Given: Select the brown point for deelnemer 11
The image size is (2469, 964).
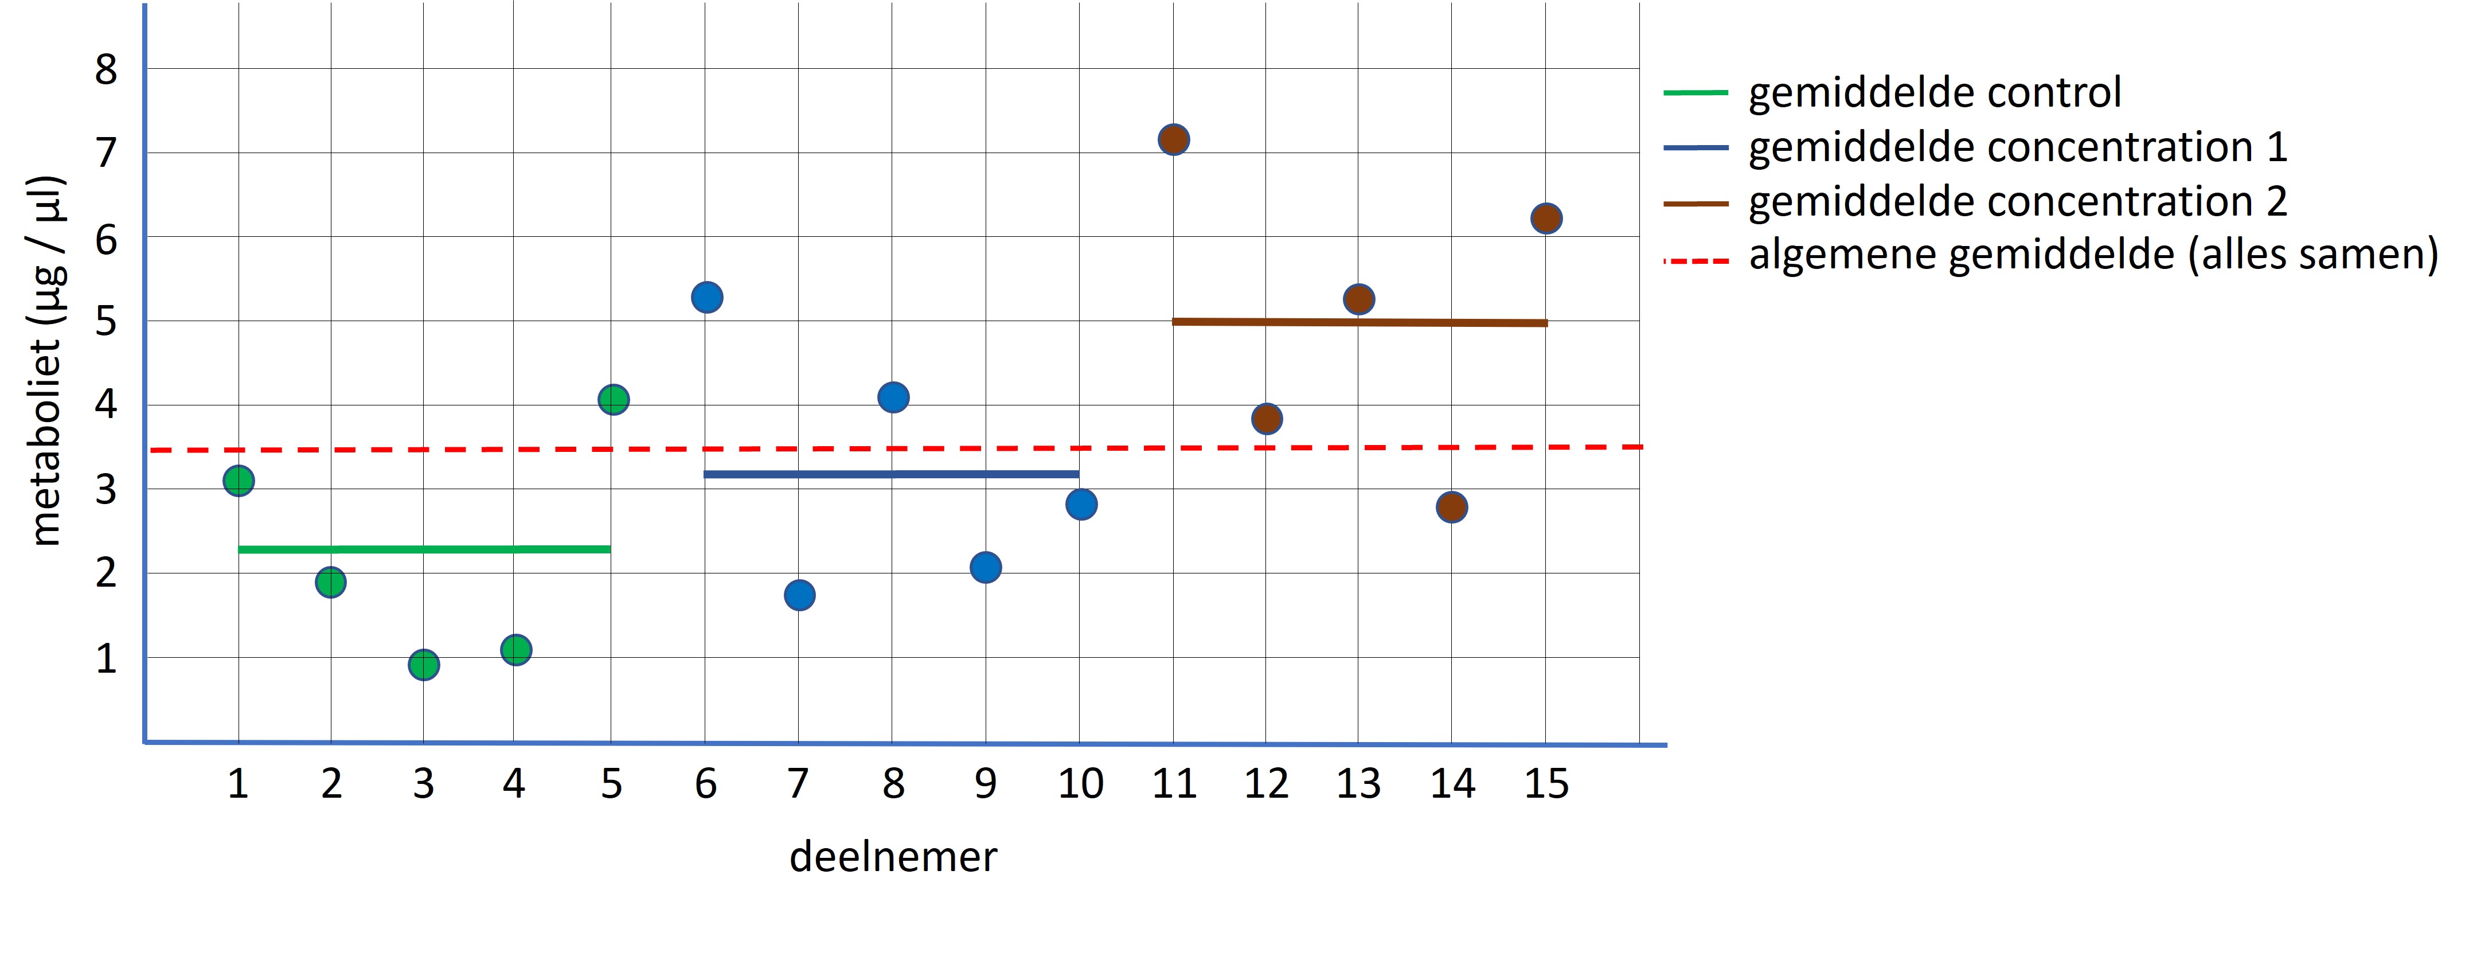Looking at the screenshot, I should pyautogui.click(x=1173, y=140).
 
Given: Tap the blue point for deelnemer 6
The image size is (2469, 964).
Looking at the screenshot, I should pyautogui.click(x=706, y=297).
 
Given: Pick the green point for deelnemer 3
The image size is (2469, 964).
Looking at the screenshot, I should pyautogui.click(x=424, y=665).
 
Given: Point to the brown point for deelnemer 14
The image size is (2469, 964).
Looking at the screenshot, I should pyautogui.click(x=1451, y=507).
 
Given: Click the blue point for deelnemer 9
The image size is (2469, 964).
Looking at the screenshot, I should pyautogui.click(x=985, y=567).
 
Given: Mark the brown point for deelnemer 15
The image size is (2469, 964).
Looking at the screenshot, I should pyautogui.click(x=1546, y=218).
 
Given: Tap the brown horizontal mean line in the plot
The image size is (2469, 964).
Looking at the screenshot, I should pyautogui.click(x=1359, y=322).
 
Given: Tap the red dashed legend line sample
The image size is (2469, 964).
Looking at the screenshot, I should pyautogui.click(x=1696, y=260).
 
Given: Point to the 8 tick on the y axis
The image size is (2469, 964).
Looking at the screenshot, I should pyautogui.click(x=106, y=70).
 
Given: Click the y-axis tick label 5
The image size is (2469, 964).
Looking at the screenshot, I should pyautogui.click(x=106, y=321).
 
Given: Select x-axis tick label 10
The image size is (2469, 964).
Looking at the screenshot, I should pyautogui.click(x=1080, y=784).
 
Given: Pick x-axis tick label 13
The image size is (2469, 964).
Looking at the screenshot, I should pyautogui.click(x=1358, y=784).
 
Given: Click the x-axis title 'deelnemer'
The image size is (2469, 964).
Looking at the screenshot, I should pyautogui.click(x=892, y=857).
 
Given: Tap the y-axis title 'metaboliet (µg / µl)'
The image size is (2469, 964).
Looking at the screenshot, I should pyautogui.click(x=46, y=361).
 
